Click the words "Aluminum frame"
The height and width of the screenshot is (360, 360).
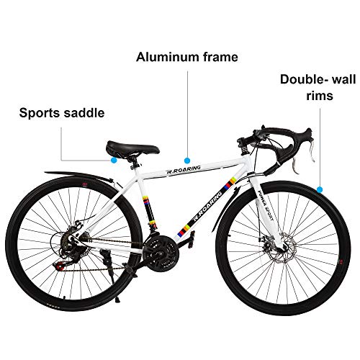coord(187,57)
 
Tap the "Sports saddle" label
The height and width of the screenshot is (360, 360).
coord(62,113)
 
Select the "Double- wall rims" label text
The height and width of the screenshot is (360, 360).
coord(318,87)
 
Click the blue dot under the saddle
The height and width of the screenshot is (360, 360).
coord(114,160)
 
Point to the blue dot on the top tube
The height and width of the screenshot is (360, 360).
coord(187,160)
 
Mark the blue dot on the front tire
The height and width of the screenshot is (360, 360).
coord(320,189)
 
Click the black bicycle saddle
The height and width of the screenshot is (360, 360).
coord(132,148)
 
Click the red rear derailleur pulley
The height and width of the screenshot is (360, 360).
coord(59,266)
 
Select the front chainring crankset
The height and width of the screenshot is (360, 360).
coord(160,251)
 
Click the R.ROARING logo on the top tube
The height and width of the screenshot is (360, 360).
coord(184,169)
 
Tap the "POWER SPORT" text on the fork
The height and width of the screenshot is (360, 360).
coord(265,205)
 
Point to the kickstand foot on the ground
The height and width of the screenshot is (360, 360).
coord(117,300)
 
